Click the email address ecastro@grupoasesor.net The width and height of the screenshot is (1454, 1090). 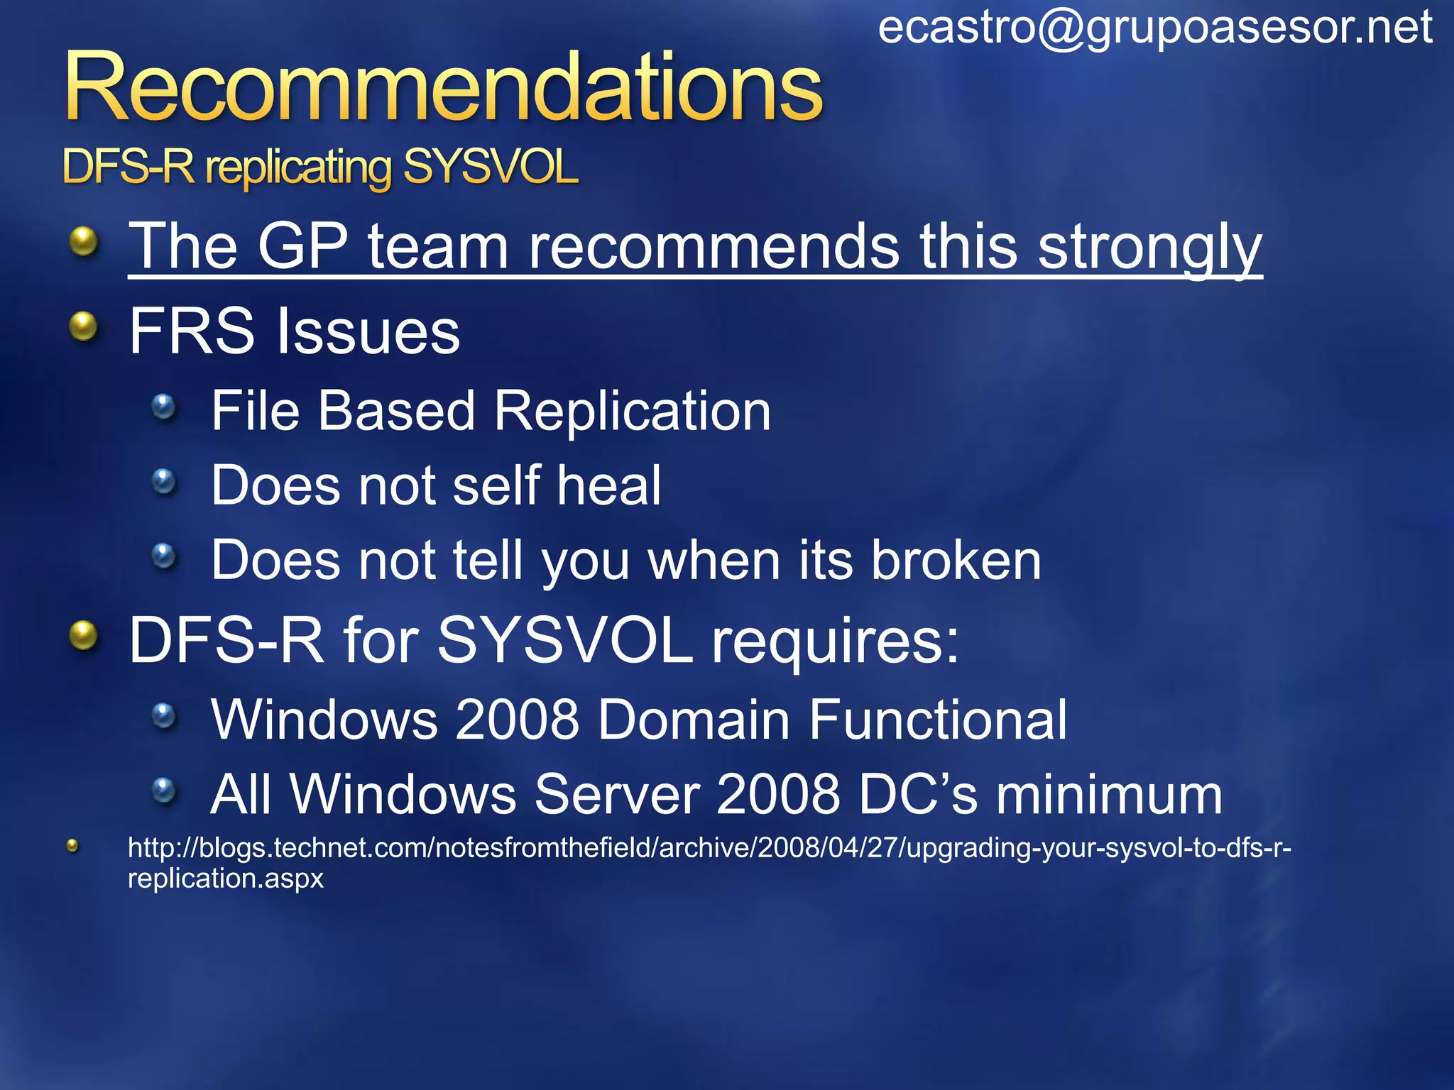(x=1154, y=28)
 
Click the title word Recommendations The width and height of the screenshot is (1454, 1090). (x=443, y=88)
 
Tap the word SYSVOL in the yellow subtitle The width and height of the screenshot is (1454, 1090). (x=490, y=168)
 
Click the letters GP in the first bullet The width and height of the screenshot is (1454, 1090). (x=302, y=246)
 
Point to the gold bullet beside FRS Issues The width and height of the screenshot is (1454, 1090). (x=84, y=326)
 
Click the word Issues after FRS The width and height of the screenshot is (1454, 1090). (x=368, y=332)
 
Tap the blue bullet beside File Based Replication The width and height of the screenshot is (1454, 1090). (x=164, y=407)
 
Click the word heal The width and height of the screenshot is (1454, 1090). (x=608, y=485)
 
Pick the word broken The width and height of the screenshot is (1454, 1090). (x=956, y=561)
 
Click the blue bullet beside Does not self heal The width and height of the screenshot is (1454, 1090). (x=164, y=482)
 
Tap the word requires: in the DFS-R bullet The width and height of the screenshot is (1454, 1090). (x=835, y=641)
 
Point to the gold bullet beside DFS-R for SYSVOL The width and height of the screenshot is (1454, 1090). (x=84, y=634)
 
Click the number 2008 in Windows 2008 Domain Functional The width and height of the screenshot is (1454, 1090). (x=517, y=720)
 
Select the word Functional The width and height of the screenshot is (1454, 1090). (x=937, y=720)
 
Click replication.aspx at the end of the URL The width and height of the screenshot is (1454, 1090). (x=225, y=879)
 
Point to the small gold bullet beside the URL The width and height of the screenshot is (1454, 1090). (x=72, y=845)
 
